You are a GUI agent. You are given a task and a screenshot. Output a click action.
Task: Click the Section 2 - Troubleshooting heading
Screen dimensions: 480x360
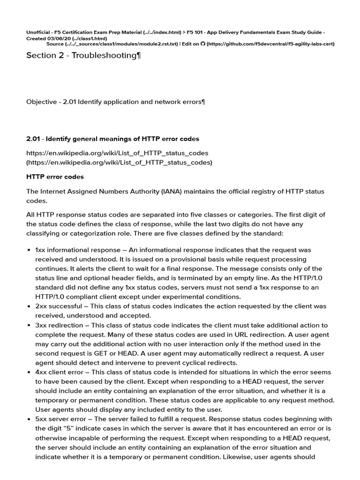point(83,56)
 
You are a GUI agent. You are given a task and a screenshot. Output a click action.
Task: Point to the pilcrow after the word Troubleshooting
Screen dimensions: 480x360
point(138,56)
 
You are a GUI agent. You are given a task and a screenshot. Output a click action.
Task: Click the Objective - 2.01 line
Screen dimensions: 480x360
point(115,101)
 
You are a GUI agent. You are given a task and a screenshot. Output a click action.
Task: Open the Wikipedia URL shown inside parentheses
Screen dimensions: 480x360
point(119,162)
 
